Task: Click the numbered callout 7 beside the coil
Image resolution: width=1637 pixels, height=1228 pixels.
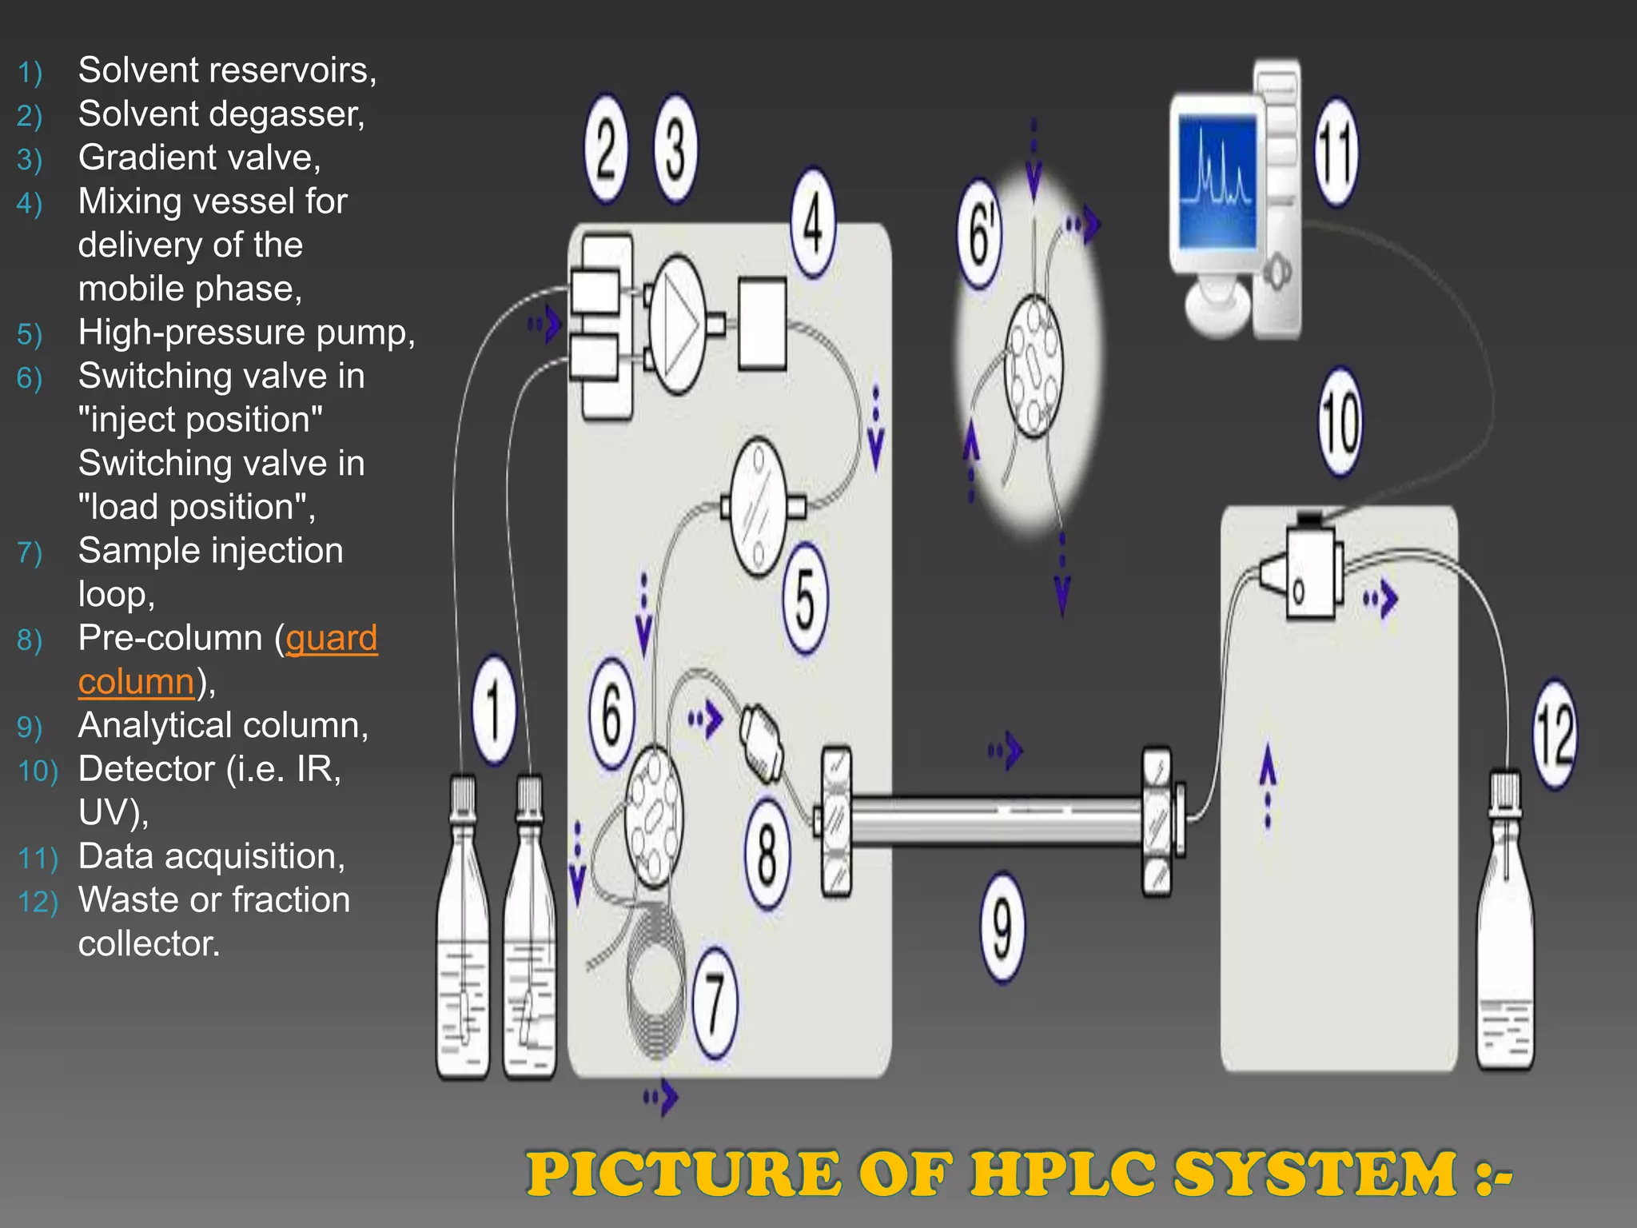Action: coord(714,1003)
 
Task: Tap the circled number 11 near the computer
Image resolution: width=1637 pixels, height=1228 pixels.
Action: coord(1336,153)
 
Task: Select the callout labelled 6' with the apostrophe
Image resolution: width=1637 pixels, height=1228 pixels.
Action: coord(981,233)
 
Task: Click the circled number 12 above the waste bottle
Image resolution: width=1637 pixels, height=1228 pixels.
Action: coord(1555,734)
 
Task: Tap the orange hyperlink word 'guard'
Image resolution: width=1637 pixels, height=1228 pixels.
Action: coord(331,638)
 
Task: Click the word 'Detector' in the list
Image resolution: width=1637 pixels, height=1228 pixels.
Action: coord(147,769)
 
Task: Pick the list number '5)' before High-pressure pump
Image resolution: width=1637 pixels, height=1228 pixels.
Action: coord(29,334)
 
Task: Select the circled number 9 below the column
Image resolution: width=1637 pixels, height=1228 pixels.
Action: coord(1002,927)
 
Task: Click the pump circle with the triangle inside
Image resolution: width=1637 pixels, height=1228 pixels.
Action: coord(675,325)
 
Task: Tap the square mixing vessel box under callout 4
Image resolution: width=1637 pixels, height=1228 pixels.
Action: coord(762,324)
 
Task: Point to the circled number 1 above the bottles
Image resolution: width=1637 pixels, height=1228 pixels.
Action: coord(494,710)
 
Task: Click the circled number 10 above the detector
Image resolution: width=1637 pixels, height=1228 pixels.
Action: coord(1340,421)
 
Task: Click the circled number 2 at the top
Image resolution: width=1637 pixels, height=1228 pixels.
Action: coord(606,150)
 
